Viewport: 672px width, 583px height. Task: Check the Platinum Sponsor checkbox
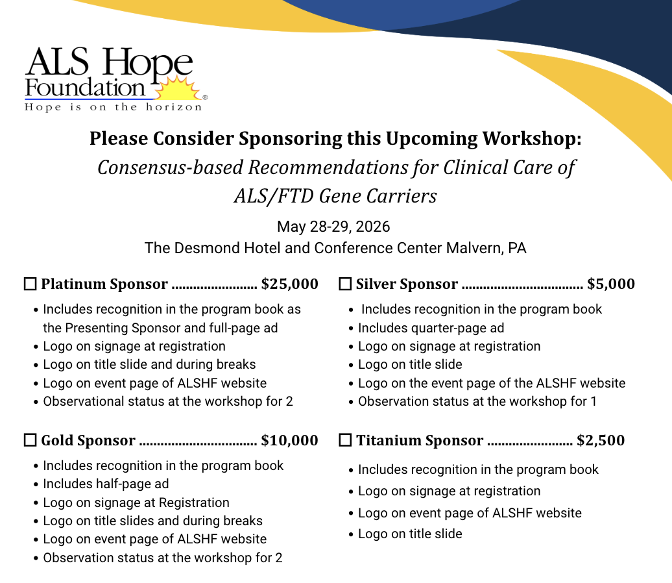30,284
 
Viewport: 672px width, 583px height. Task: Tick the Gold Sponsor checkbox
30,441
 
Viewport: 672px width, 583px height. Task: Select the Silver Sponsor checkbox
345,284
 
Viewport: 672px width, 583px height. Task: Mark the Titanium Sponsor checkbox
345,441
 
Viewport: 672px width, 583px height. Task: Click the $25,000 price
290,284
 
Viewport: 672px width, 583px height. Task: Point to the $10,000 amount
290,441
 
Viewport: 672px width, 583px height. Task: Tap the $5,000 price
611,284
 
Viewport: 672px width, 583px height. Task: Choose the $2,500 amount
601,441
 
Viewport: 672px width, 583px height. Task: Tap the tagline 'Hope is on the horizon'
114,107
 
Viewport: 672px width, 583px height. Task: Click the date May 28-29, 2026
333,227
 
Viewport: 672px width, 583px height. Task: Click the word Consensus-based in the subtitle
170,167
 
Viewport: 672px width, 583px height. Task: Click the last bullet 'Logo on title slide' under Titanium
410,534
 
